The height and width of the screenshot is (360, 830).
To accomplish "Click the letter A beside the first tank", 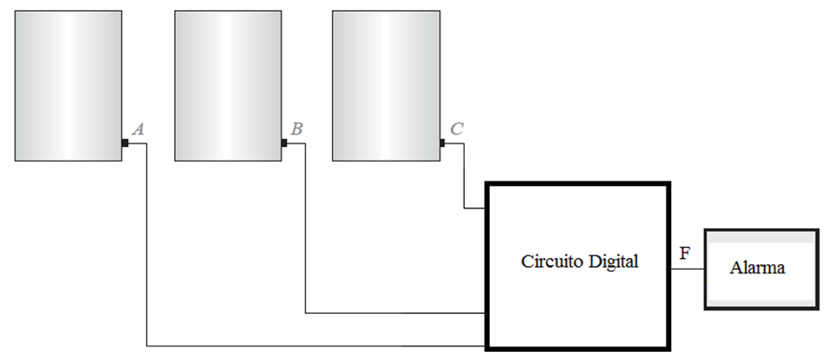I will click(x=138, y=129).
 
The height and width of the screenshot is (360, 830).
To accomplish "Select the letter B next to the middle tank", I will click(x=297, y=129).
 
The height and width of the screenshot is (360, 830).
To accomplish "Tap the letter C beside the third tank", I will click(x=456, y=129).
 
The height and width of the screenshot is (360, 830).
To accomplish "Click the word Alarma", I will click(x=758, y=268).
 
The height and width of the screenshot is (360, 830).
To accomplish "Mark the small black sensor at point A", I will click(x=125, y=143).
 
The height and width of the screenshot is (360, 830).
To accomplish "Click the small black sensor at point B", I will click(x=284, y=143).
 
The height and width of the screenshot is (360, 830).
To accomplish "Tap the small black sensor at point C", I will click(x=443, y=143).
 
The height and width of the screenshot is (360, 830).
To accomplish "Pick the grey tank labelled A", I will click(x=69, y=86).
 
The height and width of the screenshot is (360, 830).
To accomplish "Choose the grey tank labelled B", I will click(x=227, y=86).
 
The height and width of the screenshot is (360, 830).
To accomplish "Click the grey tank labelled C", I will click(x=386, y=86).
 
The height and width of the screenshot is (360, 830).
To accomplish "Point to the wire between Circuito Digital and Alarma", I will click(x=687, y=269).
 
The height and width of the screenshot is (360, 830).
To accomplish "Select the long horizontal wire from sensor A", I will click(x=316, y=345).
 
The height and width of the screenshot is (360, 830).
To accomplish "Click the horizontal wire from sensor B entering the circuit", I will click(x=397, y=313).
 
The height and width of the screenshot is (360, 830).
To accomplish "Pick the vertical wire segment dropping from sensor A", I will click(x=146, y=244).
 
